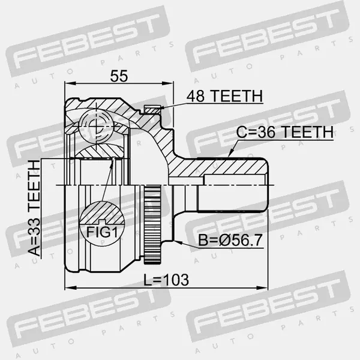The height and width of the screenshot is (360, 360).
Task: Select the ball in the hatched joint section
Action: click(x=96, y=126)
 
